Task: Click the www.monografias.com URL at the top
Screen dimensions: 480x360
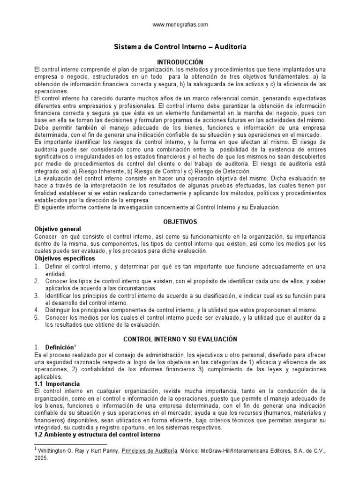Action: tap(180, 24)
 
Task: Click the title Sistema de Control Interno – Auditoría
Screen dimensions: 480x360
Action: tap(180, 47)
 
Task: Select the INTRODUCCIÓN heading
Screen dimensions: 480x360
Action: tap(180, 61)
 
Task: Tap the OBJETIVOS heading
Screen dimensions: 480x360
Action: tap(180, 221)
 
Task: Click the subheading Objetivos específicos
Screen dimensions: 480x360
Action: tap(65, 258)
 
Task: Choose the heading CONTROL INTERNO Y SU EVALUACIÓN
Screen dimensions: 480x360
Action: tap(180, 339)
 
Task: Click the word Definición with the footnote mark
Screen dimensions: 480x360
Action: tap(60, 347)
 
